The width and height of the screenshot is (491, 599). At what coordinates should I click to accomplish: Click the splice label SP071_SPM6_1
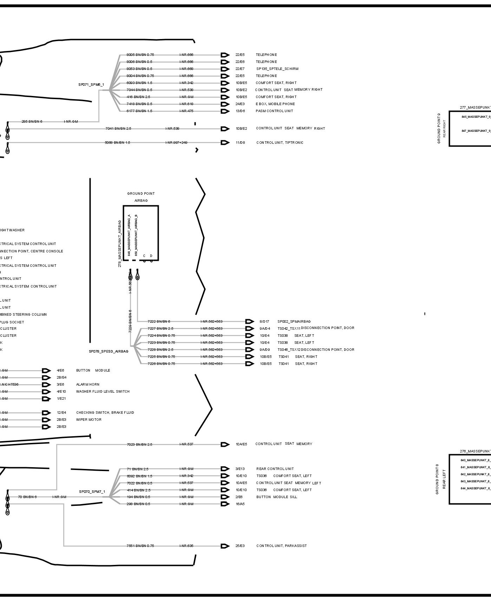click(91, 85)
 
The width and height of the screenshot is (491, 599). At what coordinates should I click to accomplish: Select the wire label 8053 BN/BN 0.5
click(139, 69)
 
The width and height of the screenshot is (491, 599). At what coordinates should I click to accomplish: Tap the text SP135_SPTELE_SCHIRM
click(277, 69)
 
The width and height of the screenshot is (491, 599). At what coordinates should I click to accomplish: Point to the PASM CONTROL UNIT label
click(274, 111)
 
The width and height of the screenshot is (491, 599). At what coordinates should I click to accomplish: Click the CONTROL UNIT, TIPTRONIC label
click(280, 143)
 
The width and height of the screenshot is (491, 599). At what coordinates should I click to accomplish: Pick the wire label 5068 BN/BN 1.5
click(117, 143)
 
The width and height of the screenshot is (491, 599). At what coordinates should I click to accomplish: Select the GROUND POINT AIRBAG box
click(140, 233)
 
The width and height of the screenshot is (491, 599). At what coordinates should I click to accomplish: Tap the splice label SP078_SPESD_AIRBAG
click(109, 351)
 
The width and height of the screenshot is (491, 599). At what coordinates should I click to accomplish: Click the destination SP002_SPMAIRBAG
click(294, 321)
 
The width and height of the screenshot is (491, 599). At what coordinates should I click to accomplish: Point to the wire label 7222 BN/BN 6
click(159, 321)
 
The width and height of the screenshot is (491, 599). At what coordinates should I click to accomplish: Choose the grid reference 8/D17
click(264, 321)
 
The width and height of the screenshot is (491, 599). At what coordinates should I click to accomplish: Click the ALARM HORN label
click(87, 385)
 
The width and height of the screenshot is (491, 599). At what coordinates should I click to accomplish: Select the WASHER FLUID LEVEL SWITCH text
click(103, 392)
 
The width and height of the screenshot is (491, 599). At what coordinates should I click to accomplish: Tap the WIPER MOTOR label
click(89, 420)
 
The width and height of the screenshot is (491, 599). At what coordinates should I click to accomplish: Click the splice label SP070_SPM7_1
click(92, 492)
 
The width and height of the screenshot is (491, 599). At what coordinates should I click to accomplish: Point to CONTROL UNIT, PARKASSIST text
click(281, 546)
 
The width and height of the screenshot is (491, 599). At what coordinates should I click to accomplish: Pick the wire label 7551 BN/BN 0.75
click(140, 546)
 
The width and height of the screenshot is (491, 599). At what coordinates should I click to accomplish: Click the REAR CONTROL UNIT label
click(275, 469)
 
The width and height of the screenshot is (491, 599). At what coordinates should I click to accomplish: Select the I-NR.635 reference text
click(186, 546)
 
